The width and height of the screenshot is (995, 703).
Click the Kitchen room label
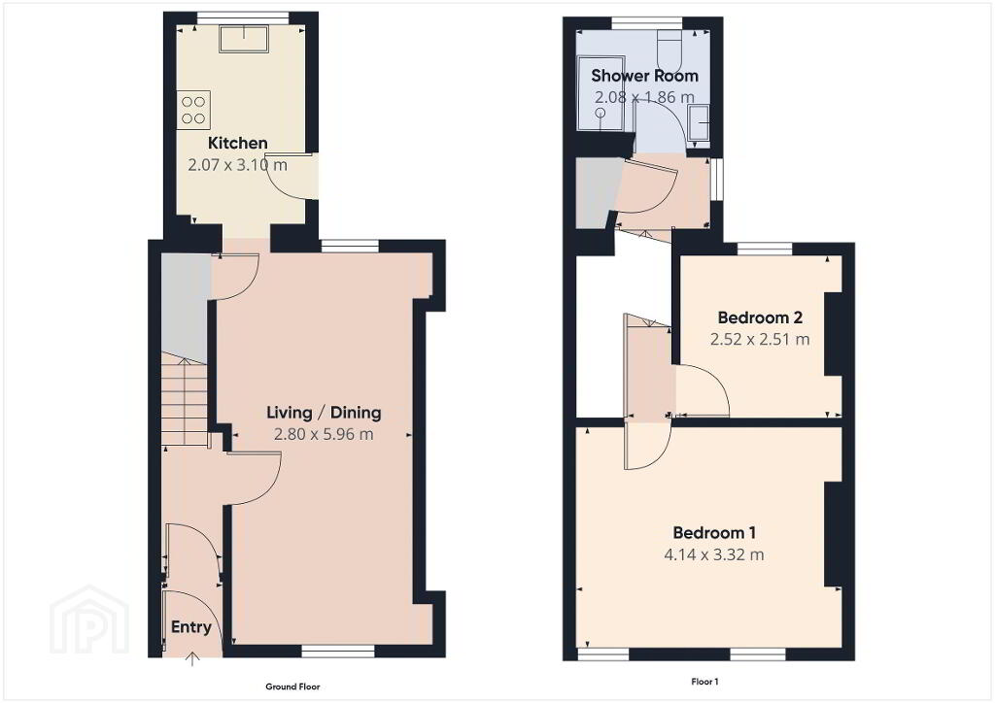point(237,144)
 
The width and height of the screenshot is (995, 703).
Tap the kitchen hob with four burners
point(193,110)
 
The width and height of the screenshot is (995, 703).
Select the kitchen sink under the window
point(244,39)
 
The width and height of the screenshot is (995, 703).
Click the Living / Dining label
point(324,413)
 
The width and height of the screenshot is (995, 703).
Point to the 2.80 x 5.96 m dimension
point(324,434)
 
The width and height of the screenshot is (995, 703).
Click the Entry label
point(191,627)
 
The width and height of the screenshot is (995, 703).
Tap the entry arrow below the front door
point(192,659)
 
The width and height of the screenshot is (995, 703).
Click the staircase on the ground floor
point(185,399)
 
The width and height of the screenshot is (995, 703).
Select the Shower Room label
point(645,76)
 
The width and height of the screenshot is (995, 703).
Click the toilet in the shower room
point(669,49)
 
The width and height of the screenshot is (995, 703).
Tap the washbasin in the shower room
point(700,123)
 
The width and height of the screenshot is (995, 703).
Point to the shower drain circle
point(600,113)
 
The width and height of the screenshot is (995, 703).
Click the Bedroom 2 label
point(760,317)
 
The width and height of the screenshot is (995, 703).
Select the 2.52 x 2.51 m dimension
point(760,339)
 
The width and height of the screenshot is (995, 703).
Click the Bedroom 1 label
point(714,532)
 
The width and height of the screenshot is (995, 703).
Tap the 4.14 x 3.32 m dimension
point(714,554)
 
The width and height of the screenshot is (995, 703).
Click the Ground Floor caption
point(292,686)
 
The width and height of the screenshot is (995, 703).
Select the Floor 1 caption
point(704,682)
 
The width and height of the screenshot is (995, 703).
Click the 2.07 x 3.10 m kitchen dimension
point(237,165)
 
